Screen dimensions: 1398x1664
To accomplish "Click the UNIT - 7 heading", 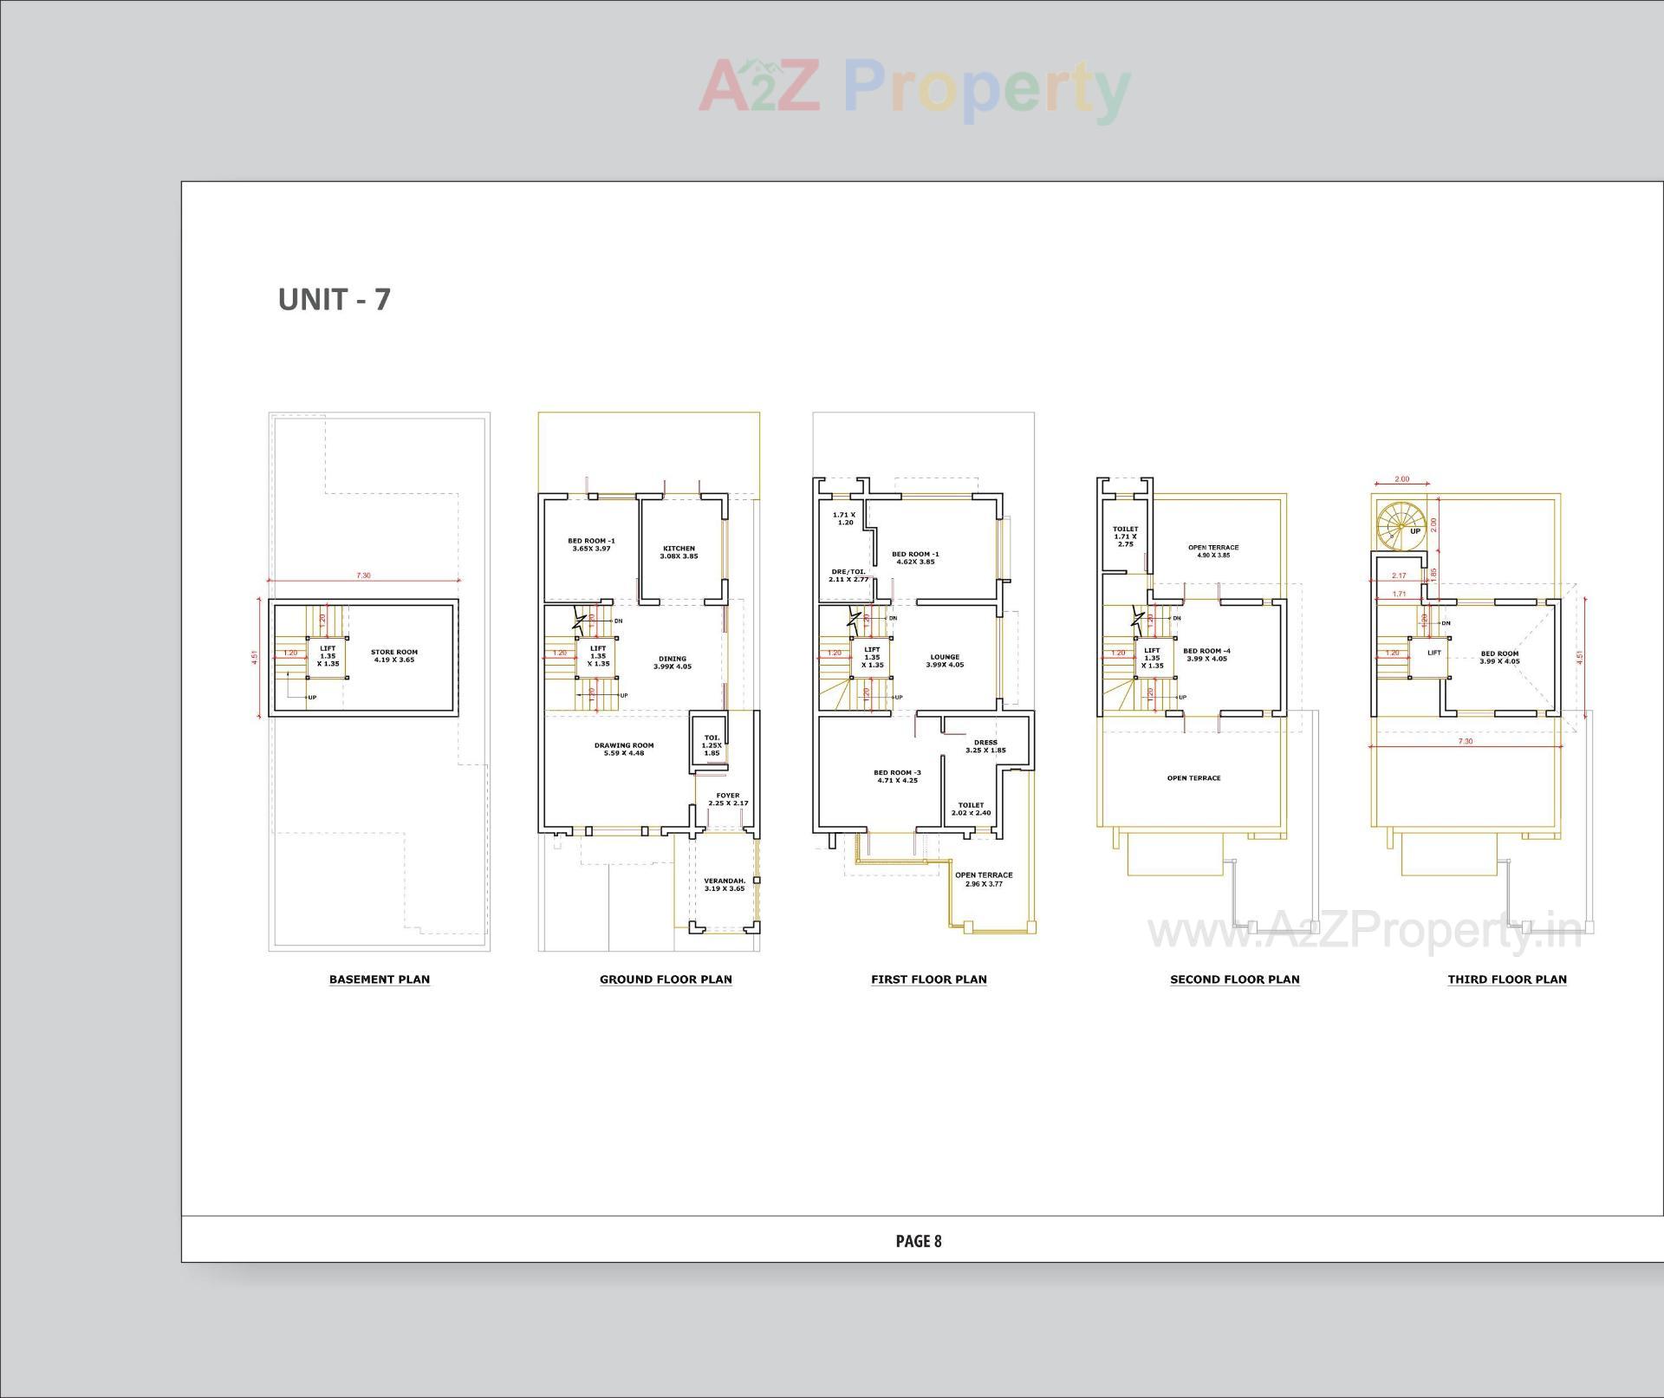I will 334,299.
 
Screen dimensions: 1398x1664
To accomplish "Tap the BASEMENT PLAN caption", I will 379,979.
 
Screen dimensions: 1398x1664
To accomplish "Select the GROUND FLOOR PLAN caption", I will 666,979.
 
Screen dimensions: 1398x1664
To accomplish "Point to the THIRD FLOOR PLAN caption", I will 1506,979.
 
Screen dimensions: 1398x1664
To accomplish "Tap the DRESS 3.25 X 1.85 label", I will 985,745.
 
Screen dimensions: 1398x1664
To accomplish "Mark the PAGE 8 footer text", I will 918,1241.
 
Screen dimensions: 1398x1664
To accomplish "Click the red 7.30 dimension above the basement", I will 363,575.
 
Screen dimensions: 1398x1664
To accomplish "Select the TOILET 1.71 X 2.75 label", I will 1125,536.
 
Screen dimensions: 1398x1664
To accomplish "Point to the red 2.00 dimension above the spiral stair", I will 1401,479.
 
